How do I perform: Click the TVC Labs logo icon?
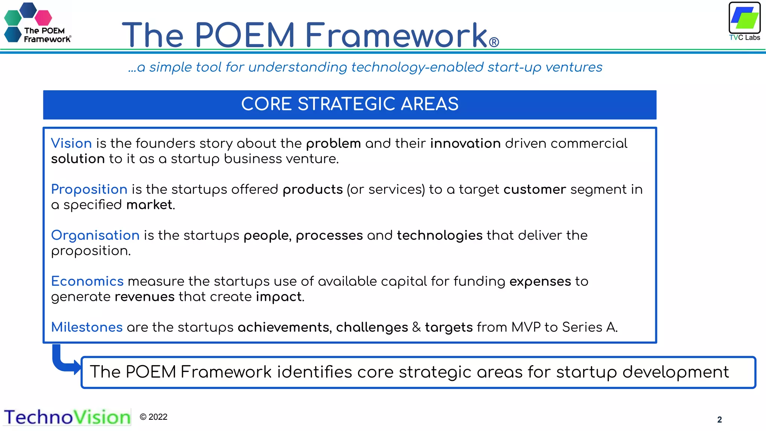point(745,18)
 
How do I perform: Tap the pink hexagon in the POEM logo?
point(43,17)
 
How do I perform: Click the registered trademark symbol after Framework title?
point(494,42)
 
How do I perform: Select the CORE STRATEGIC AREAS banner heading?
point(350,104)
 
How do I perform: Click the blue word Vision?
point(71,143)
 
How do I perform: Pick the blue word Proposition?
point(89,189)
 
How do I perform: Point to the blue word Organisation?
point(95,235)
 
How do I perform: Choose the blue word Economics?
point(88,281)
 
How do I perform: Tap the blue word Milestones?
point(87,327)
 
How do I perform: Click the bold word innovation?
point(465,143)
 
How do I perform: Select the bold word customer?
point(534,189)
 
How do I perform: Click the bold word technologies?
point(439,235)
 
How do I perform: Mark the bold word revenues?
point(144,297)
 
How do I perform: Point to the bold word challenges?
point(372,327)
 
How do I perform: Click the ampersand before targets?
point(416,327)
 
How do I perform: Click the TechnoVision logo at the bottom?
point(67,417)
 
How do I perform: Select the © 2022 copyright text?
point(153,417)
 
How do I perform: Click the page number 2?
point(719,420)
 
